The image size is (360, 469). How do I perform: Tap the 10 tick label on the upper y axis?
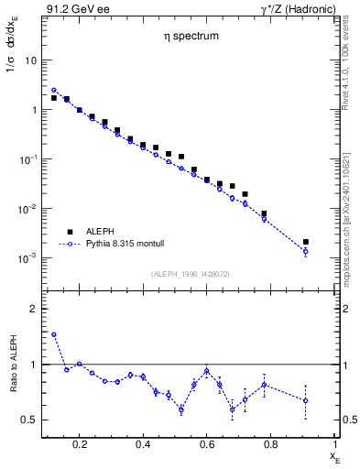pyautogui.click(x=30, y=60)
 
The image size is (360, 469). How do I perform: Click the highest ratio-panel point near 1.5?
pyautogui.click(x=54, y=335)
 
